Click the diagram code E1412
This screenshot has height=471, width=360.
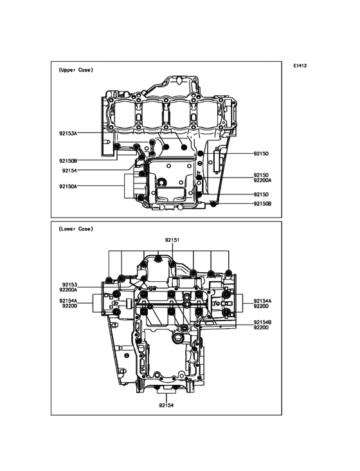(300, 66)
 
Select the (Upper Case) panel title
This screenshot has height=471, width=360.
(76, 70)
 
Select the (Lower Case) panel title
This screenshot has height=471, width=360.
(76, 229)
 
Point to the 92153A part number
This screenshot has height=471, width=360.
(68, 133)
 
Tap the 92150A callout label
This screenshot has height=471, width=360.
(68, 186)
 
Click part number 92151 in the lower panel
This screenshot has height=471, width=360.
(172, 240)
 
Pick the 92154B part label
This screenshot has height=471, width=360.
(263, 322)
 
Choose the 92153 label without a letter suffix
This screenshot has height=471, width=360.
(70, 284)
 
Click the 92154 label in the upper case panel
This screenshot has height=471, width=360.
(69, 171)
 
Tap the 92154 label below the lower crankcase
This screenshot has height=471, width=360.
(166, 405)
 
